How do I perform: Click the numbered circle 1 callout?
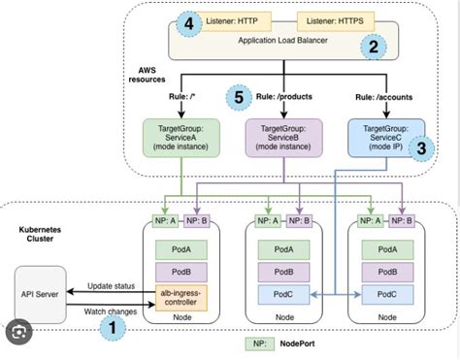coord(114,328)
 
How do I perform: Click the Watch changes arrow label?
coord(110,311)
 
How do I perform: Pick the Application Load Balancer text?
coord(281,42)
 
